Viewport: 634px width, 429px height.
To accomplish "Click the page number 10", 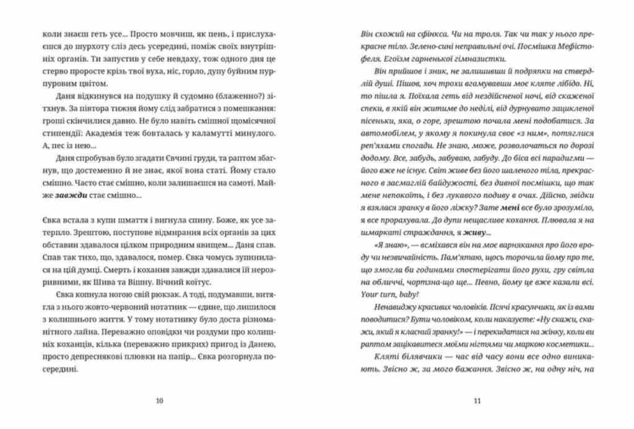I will [x=160, y=401].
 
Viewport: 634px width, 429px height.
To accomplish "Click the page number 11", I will [x=477, y=401].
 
